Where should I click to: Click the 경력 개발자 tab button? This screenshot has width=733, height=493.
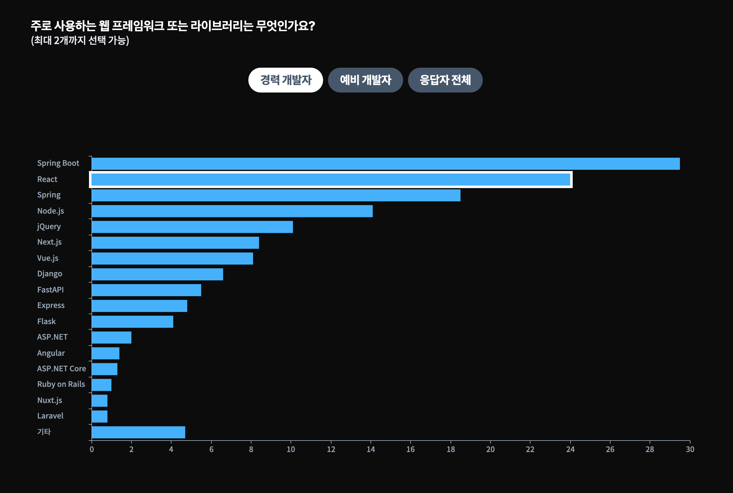pyautogui.click(x=286, y=80)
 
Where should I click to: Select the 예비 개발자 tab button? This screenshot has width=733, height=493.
pyautogui.click(x=365, y=80)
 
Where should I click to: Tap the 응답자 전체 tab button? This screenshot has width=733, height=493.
pyautogui.click(x=445, y=80)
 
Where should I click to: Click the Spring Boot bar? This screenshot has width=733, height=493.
pyautogui.click(x=386, y=164)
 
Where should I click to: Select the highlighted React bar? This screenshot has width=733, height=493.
pyautogui.click(x=331, y=179)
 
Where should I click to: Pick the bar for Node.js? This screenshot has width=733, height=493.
pyautogui.click(x=232, y=211)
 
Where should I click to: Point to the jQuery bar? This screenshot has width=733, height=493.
pyautogui.click(x=192, y=227)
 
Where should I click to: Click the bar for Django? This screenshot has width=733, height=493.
pyautogui.click(x=157, y=274)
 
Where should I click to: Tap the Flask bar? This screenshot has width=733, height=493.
pyautogui.click(x=132, y=322)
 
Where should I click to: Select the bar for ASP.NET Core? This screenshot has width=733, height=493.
pyautogui.click(x=104, y=369)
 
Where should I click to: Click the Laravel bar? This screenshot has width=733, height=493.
pyautogui.click(x=100, y=417)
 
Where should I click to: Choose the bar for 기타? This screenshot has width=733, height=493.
pyautogui.click(x=138, y=432)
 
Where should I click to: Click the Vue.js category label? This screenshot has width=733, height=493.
pyautogui.click(x=48, y=258)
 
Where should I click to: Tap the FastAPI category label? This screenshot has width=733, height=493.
pyautogui.click(x=51, y=290)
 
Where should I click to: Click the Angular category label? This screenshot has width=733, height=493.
pyautogui.click(x=51, y=353)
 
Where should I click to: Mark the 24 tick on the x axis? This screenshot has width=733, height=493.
pyautogui.click(x=570, y=449)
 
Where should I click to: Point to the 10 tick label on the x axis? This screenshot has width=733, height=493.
pyautogui.click(x=291, y=449)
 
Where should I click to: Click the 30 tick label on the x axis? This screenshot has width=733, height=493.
pyautogui.click(x=690, y=449)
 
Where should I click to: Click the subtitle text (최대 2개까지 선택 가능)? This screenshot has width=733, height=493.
pyautogui.click(x=80, y=41)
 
